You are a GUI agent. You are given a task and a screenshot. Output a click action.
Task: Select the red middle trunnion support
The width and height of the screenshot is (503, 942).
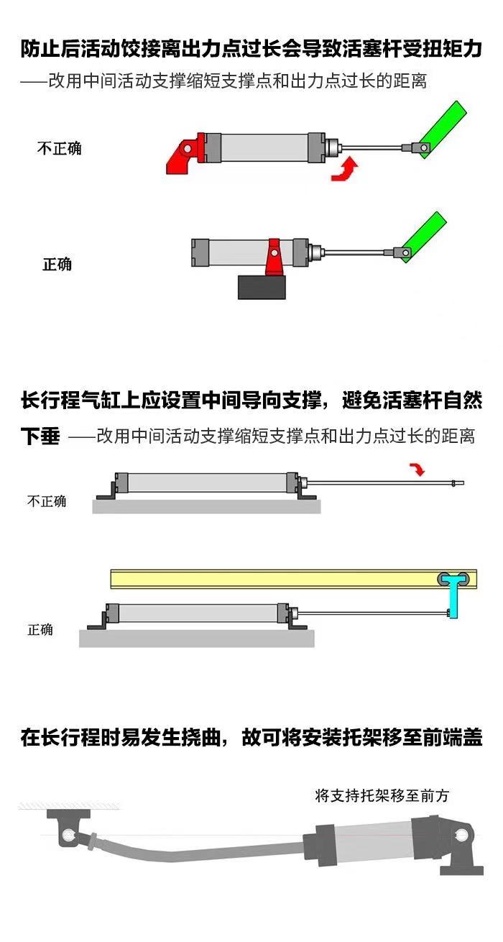point(273,257)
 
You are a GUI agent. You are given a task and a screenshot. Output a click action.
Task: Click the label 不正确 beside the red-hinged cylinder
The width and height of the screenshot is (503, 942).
point(60,148)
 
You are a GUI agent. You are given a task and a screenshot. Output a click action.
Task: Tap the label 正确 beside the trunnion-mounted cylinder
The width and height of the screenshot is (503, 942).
point(57,264)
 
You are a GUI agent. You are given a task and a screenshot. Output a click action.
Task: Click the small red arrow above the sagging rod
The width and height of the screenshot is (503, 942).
point(416,469)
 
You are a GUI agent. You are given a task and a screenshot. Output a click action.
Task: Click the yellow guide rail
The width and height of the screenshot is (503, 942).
point(273,579)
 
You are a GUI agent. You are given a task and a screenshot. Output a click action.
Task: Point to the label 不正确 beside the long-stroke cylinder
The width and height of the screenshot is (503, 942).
point(47,501)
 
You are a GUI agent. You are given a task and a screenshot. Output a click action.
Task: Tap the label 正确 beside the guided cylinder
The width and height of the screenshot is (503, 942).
point(40,630)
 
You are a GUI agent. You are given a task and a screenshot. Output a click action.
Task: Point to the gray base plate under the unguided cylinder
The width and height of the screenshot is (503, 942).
point(206,507)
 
